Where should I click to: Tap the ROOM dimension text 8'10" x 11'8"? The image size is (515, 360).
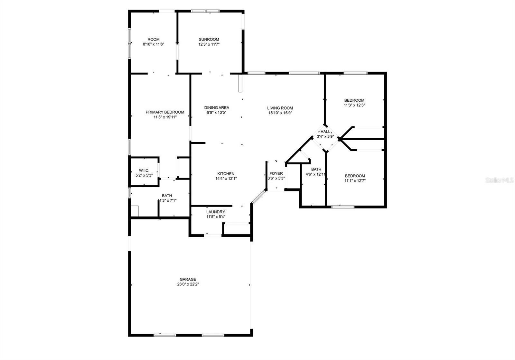154,44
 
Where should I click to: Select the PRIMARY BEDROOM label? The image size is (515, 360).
165,112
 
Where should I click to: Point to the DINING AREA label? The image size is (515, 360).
217,108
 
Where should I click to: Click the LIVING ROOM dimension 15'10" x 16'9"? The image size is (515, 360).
280,113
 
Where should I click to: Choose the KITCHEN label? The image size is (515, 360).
226,174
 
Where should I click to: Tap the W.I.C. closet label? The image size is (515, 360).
144,170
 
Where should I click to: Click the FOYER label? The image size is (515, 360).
276,173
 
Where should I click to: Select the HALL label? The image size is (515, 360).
325,132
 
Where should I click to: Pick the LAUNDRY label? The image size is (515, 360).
216,212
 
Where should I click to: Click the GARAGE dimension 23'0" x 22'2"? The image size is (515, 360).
188,284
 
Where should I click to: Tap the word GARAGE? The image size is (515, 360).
188,280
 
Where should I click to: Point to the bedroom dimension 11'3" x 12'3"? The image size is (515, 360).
354,105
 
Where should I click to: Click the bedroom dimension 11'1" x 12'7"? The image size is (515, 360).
355,181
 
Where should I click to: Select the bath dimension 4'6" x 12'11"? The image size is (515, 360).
316,174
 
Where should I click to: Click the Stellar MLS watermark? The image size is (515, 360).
500,180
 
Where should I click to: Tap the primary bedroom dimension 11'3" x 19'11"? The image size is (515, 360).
165,117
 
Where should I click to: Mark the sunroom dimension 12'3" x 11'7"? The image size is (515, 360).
209,44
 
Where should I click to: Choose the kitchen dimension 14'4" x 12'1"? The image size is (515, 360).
226,179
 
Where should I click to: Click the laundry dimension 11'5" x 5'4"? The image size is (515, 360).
216,217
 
